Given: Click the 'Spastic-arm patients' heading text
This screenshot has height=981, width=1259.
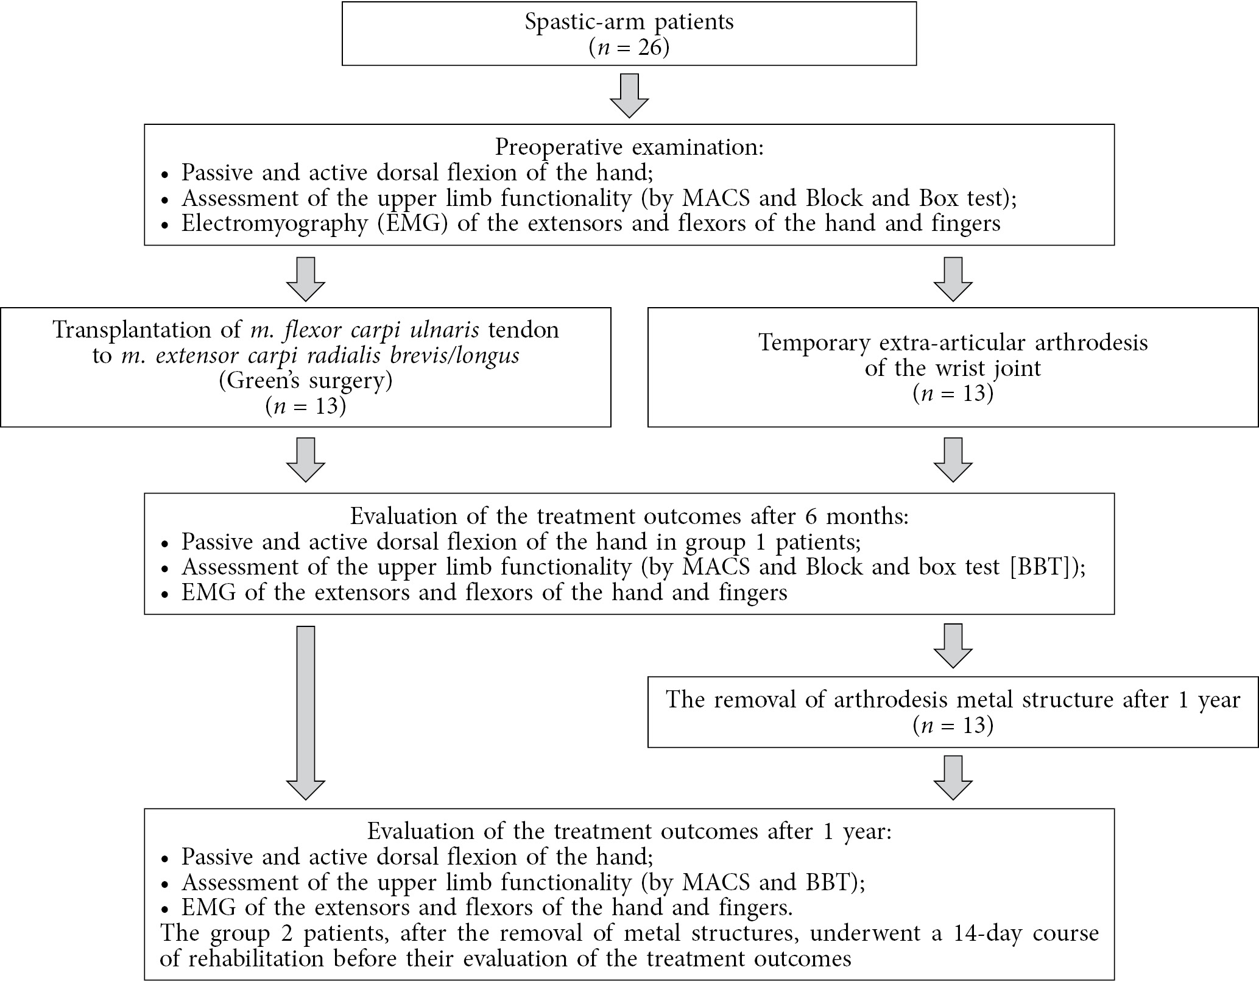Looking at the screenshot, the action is tap(629, 22).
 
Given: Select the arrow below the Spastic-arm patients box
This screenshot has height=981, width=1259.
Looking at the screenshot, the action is tap(629, 96).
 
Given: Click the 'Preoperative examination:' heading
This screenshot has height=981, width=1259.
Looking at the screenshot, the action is tap(629, 147).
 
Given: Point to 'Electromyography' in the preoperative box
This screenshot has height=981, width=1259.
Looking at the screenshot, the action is tap(275, 224).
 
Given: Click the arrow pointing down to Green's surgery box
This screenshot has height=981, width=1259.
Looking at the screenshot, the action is tap(306, 279).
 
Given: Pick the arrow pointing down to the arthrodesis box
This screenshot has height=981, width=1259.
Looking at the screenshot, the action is tap(953, 279).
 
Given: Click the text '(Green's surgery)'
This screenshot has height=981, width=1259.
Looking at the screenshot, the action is tap(306, 381).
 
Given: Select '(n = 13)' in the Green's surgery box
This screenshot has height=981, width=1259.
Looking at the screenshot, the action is tap(306, 406).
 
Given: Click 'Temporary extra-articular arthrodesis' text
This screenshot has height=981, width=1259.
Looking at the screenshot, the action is tap(953, 342).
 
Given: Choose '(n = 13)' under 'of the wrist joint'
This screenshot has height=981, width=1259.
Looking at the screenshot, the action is tap(953, 393).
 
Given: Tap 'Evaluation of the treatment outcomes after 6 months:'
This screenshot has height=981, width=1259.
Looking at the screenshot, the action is tap(629, 516).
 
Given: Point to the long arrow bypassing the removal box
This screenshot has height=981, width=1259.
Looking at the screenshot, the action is tap(306, 713).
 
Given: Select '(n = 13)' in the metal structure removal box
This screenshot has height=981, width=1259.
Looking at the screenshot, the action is tap(953, 725).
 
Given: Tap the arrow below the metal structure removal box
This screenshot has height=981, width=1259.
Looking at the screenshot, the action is tap(953, 777).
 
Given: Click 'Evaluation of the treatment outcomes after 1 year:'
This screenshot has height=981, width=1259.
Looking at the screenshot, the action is tap(629, 832).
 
